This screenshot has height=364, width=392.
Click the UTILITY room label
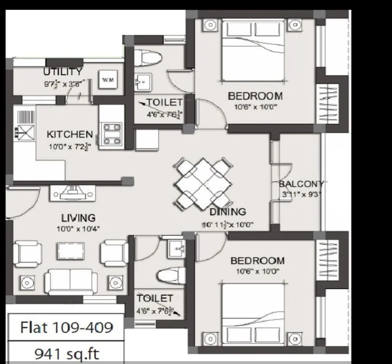click(63, 72)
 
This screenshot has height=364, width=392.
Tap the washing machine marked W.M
click(108, 81)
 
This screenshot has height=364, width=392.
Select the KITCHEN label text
click(69, 135)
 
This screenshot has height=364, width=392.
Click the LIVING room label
click(78, 218)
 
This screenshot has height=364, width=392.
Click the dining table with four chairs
click(203, 183)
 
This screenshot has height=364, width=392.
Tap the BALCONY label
click(301, 183)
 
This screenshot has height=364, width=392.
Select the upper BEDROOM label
click(255, 96)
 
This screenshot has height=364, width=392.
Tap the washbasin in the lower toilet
click(176, 248)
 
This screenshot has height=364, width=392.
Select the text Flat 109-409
click(66, 327)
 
